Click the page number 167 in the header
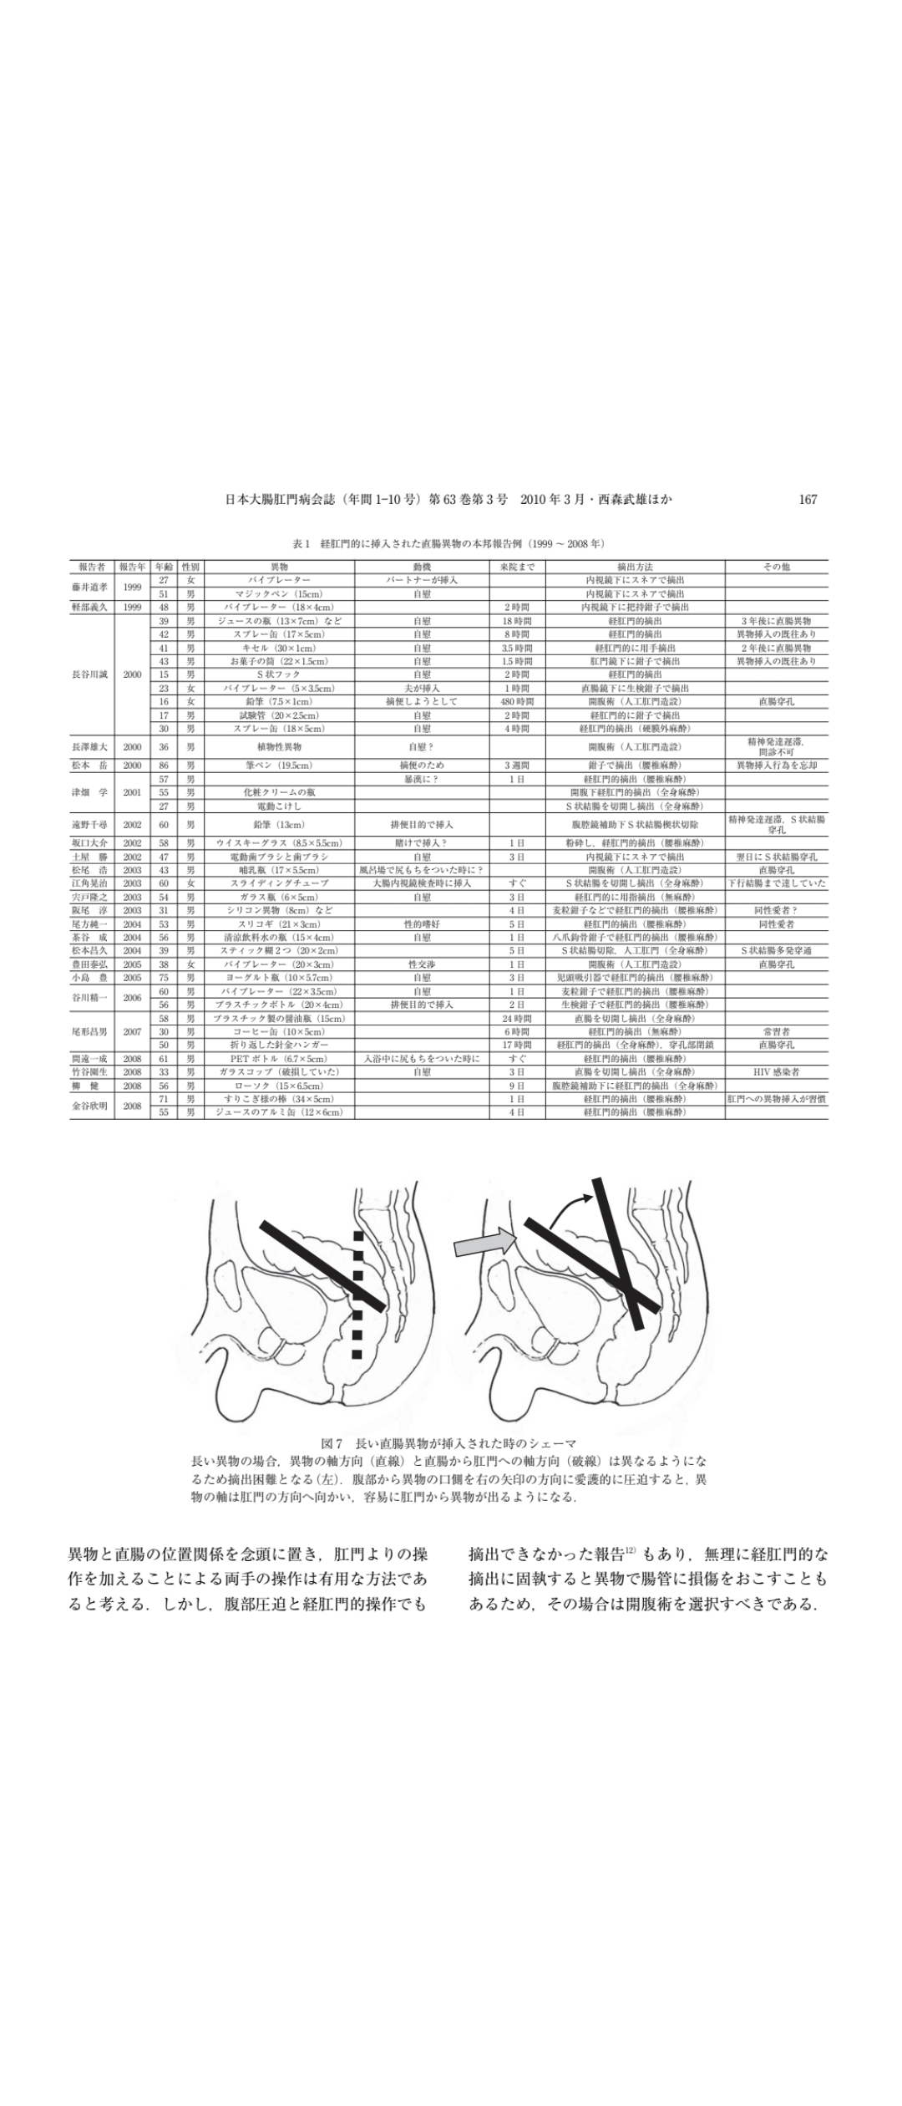tap(807, 500)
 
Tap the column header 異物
tap(279, 567)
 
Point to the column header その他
tap(776, 567)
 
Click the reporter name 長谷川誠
tap(91, 674)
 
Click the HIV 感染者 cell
tap(776, 1071)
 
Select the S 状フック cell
tap(279, 674)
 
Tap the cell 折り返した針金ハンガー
tap(279, 1045)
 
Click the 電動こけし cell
tap(279, 806)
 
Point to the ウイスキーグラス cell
tap(279, 843)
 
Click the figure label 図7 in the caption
tap(332, 1443)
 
